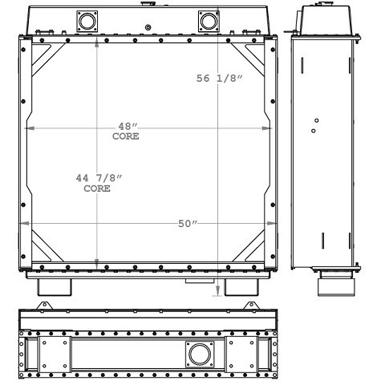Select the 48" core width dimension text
click(126, 126)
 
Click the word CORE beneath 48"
click(126, 136)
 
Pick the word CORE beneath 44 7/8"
click(97, 189)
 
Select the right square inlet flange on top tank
click(208, 19)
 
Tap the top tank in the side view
click(323, 21)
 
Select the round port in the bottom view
click(198, 352)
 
